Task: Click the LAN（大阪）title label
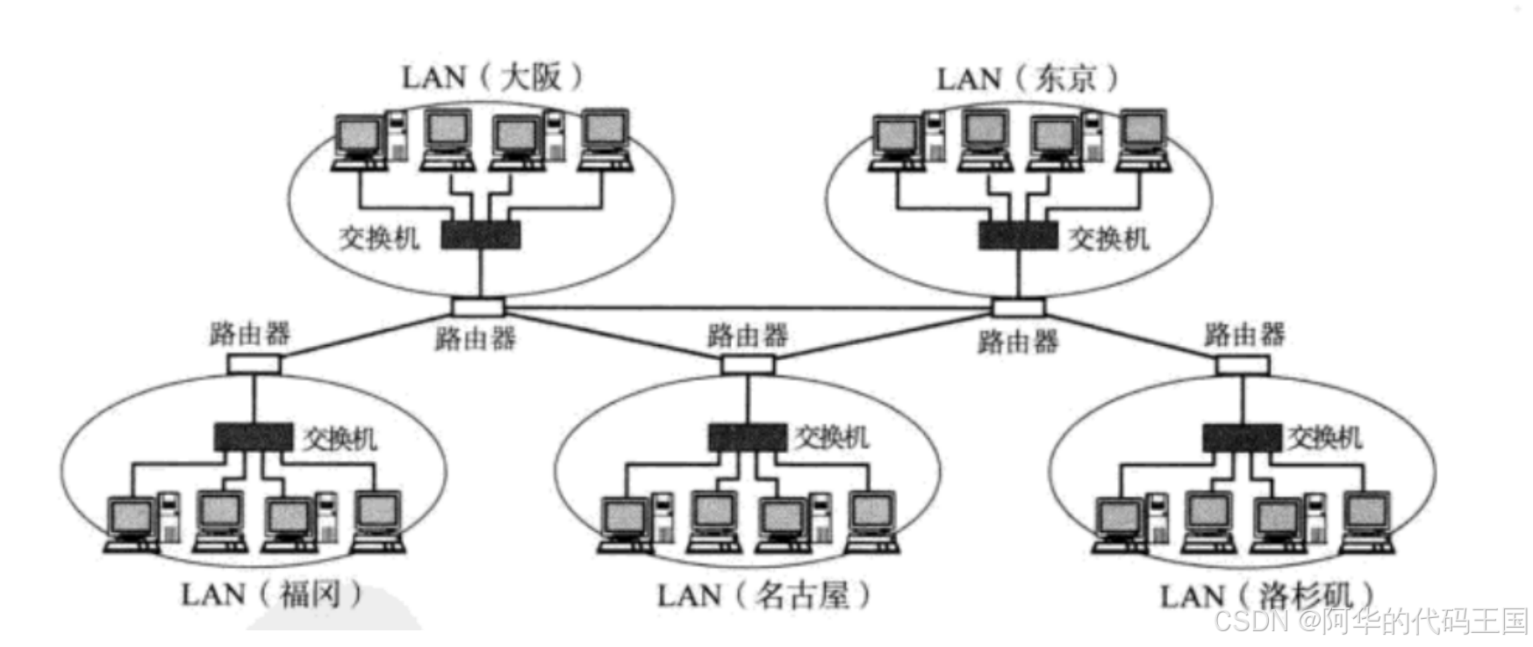491,77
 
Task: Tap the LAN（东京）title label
1028,79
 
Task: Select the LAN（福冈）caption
271,594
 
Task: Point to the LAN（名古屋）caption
763,596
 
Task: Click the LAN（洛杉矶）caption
1266,596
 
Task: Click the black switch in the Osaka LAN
480,234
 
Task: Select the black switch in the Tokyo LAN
1018,234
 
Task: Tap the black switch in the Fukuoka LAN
254,436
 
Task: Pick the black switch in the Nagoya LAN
748,436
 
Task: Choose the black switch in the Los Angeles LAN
1242,436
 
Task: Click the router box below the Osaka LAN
478,306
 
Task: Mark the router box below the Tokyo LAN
1018,306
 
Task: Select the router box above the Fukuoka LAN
254,363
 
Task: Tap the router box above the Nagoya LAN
748,363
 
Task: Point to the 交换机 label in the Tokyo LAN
1108,238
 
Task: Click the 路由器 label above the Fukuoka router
250,334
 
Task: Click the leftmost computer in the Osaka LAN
360,140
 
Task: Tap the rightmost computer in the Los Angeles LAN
1367,524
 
